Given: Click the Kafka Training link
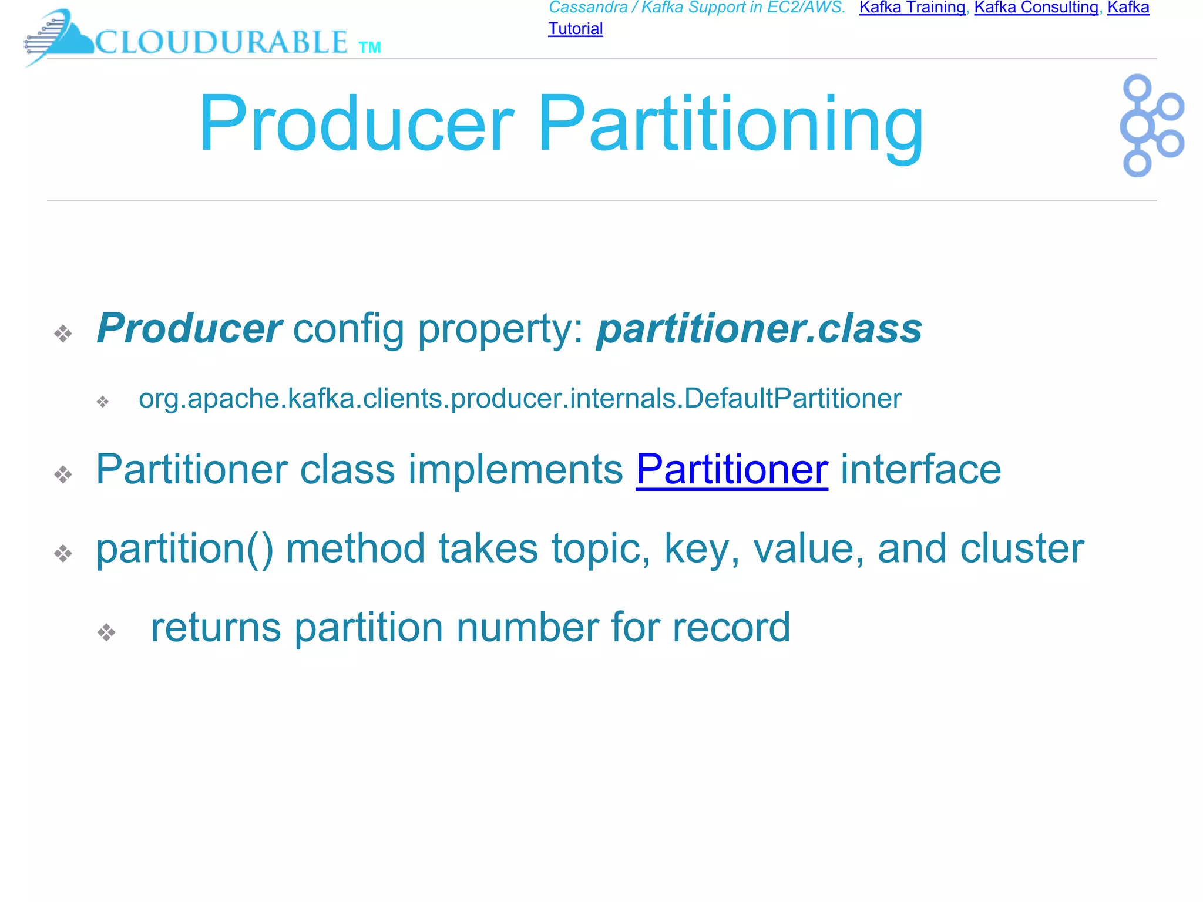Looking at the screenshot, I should (x=912, y=8).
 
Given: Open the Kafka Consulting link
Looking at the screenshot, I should (x=1036, y=8).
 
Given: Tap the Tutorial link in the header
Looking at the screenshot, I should (x=575, y=29).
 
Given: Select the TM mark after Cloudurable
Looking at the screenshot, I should (x=369, y=48).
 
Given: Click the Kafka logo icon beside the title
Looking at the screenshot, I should (x=1151, y=125).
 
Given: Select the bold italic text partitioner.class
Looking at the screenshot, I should (x=759, y=328).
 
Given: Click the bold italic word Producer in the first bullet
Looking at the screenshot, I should (x=189, y=328).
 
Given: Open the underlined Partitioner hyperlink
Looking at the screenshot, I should (x=731, y=469).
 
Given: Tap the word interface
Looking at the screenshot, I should (x=920, y=469).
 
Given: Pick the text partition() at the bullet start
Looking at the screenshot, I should (x=184, y=548).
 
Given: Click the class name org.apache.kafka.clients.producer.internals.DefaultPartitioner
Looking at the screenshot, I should (x=519, y=399).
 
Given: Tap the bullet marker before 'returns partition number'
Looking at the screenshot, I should (x=106, y=632).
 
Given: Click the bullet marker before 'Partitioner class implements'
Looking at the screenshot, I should (x=63, y=474).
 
